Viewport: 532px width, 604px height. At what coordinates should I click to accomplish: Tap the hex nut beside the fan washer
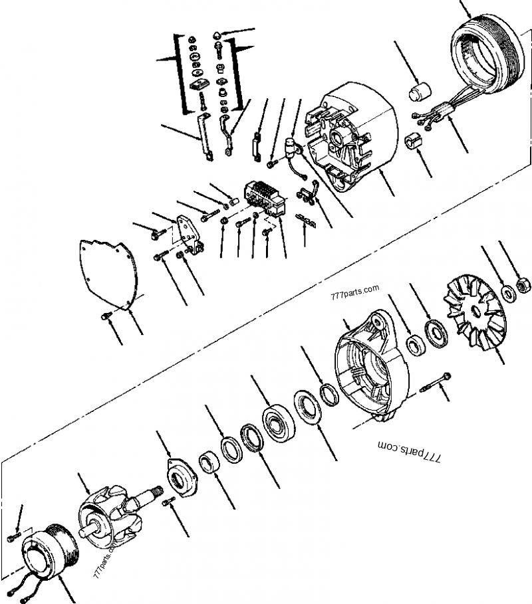pyautogui.click(x=523, y=285)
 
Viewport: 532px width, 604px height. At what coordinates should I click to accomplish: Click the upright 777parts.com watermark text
pyautogui.click(x=354, y=292)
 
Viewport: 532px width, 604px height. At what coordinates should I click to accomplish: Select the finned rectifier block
pyautogui.click(x=266, y=199)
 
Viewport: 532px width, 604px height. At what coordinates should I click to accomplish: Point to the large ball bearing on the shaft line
pyautogui.click(x=279, y=422)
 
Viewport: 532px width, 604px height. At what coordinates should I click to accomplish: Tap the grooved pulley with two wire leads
pyautogui.click(x=49, y=552)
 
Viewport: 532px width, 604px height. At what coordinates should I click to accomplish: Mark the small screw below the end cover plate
pyautogui.click(x=106, y=316)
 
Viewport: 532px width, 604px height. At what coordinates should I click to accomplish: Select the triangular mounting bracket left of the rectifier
pyautogui.click(x=189, y=233)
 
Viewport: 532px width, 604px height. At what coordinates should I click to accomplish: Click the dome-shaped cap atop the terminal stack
pyautogui.click(x=217, y=35)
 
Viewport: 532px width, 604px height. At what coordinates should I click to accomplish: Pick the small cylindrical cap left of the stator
pyautogui.click(x=420, y=92)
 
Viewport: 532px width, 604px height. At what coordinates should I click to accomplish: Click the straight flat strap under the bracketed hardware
pyautogui.click(x=204, y=137)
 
